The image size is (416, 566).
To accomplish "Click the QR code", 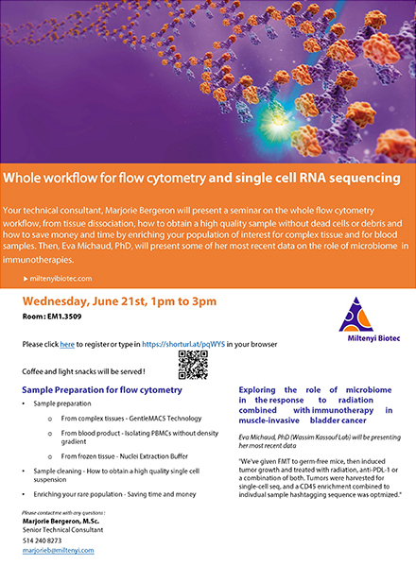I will [193, 364].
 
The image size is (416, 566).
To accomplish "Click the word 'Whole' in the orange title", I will [28, 178].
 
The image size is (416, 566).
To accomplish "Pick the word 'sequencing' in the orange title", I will [365, 178].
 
